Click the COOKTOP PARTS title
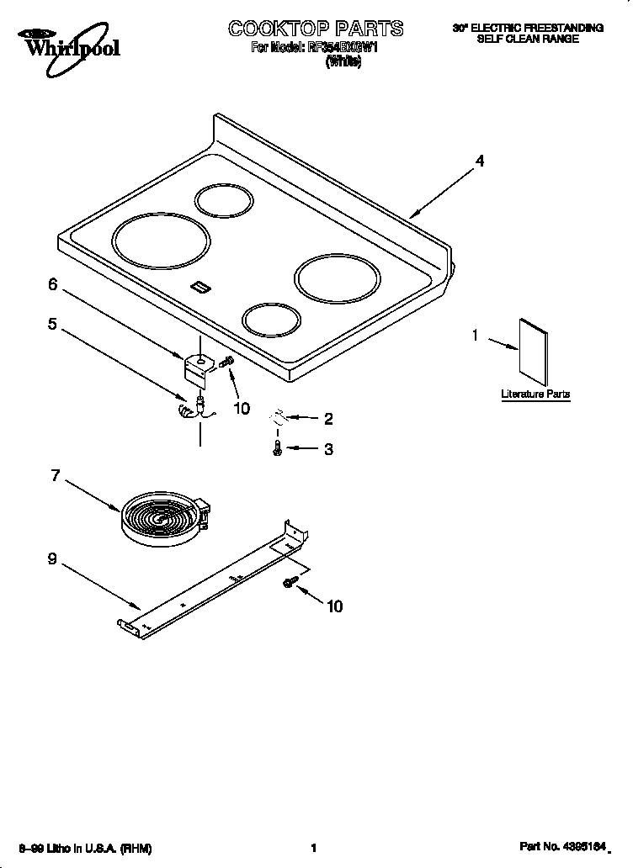tap(315, 29)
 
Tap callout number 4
tap(479, 161)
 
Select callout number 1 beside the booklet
tap(475, 336)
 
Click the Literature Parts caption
tap(535, 394)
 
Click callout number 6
tap(52, 285)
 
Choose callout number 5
tap(52, 323)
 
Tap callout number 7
tap(56, 475)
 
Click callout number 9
tap(52, 558)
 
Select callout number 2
tap(328, 418)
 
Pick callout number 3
tap(328, 449)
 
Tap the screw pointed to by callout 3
tap(276, 450)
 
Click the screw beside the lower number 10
tap(291, 582)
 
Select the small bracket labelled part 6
tap(198, 367)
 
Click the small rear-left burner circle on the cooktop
tap(223, 201)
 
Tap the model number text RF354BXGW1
tap(343, 49)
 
